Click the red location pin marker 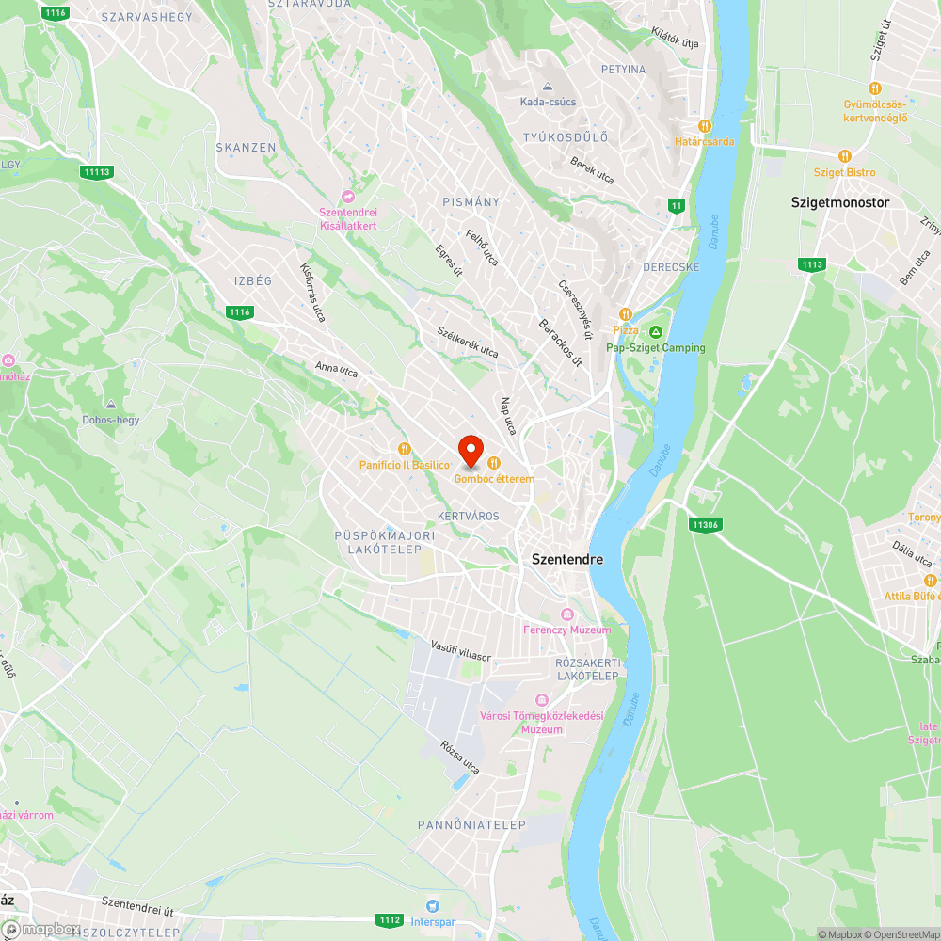[470, 451]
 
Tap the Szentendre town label [567, 559]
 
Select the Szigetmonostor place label [839, 202]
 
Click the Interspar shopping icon [433, 906]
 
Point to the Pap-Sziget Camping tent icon [656, 331]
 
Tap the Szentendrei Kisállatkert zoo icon [348, 196]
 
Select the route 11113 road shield [98, 172]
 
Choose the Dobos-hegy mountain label [110, 420]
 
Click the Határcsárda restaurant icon [704, 126]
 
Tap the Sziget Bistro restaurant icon [844, 156]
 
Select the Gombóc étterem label [493, 479]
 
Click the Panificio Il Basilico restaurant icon [405, 449]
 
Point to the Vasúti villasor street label [461, 648]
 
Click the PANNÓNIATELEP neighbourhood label [458, 824]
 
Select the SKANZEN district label [247, 148]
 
